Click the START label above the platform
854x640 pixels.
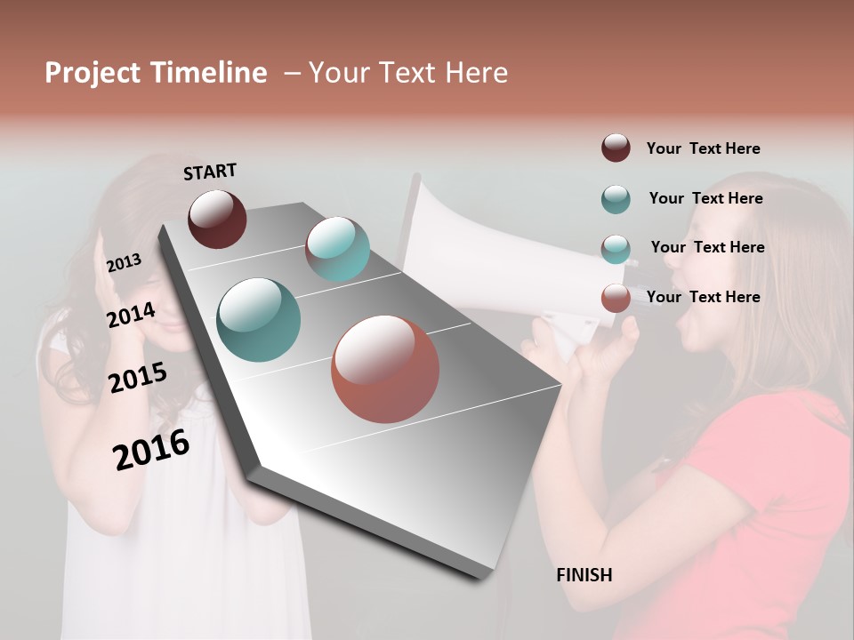pyautogui.click(x=210, y=172)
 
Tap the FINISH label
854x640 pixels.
pyautogui.click(x=584, y=575)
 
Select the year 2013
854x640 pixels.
pyautogui.click(x=124, y=263)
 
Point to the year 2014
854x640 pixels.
pyautogui.click(x=131, y=316)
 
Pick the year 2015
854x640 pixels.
pyautogui.click(x=138, y=378)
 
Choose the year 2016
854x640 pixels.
pyautogui.click(x=151, y=450)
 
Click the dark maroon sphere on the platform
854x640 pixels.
pyautogui.click(x=217, y=219)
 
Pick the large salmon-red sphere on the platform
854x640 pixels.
pyautogui.click(x=384, y=369)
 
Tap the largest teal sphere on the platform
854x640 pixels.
pyautogui.click(x=258, y=320)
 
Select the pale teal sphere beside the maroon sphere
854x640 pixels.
pyautogui.click(x=338, y=249)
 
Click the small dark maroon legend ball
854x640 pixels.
pyautogui.click(x=616, y=148)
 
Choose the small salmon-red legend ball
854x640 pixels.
pyautogui.click(x=616, y=298)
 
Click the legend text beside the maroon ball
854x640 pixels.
pyautogui.click(x=703, y=148)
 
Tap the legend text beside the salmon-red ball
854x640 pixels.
pyautogui.click(x=703, y=297)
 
